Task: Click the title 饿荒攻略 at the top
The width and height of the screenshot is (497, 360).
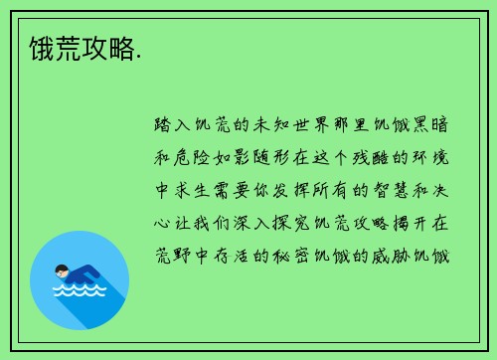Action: [x=75, y=49]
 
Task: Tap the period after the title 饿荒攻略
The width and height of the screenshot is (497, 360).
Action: [x=138, y=56]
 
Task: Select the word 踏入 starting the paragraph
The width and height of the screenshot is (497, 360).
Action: [x=175, y=128]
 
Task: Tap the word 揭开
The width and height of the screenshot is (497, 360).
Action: [x=409, y=224]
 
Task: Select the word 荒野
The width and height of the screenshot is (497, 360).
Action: [x=175, y=256]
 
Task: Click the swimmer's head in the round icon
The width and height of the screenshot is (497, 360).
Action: [x=62, y=270]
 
